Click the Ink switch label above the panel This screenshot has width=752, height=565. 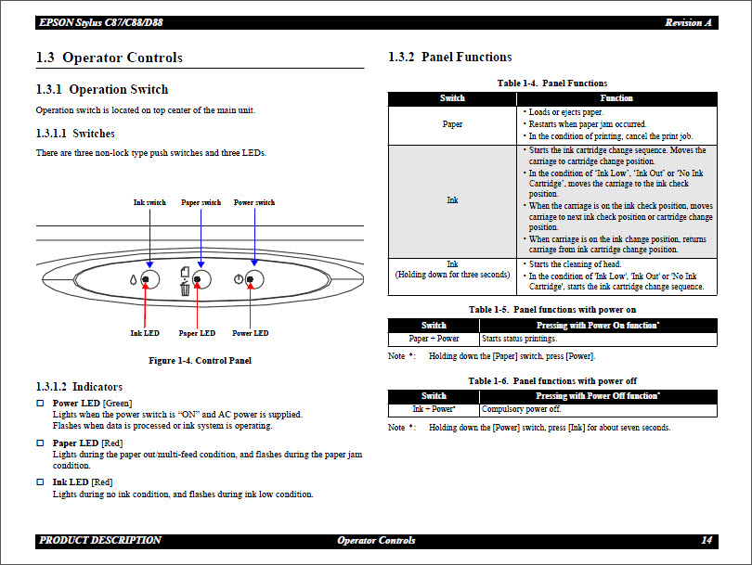(x=149, y=202)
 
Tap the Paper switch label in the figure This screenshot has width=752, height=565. (x=201, y=202)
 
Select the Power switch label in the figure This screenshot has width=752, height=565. (x=254, y=202)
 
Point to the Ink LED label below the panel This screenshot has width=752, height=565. (x=145, y=333)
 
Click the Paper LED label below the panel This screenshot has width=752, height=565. (x=197, y=333)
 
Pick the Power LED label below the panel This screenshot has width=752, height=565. (x=250, y=333)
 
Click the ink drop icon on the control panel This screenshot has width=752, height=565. (x=133, y=280)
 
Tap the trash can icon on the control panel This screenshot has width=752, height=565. (x=185, y=289)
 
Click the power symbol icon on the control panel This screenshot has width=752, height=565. (x=239, y=279)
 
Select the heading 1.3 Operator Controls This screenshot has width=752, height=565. (x=109, y=58)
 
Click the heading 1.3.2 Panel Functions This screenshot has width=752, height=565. (x=449, y=58)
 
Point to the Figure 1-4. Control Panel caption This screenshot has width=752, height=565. (x=200, y=360)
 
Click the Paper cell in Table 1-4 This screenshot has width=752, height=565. (x=452, y=124)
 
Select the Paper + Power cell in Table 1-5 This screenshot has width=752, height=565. (x=434, y=339)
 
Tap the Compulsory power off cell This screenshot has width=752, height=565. (x=521, y=409)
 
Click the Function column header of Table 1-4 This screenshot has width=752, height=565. (x=616, y=98)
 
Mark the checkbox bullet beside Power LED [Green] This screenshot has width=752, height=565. (x=40, y=404)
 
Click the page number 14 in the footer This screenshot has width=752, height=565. (x=707, y=540)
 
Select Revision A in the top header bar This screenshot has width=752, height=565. (x=688, y=22)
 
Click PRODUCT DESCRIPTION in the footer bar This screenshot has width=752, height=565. (x=100, y=540)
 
